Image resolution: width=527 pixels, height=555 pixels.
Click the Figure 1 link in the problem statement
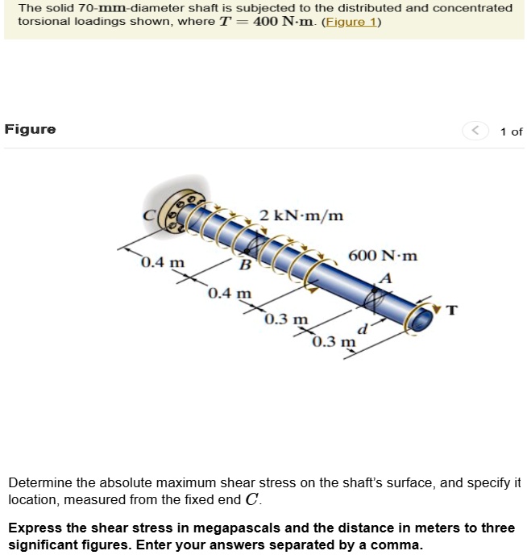click(x=352, y=22)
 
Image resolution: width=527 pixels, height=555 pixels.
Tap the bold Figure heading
click(x=31, y=129)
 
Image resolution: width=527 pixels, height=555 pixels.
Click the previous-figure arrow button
click(x=475, y=131)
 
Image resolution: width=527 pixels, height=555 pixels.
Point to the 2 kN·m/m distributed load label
click(x=301, y=215)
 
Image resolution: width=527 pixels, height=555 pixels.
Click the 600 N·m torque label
click(x=383, y=256)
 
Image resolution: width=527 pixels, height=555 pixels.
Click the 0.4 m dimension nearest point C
click(x=162, y=263)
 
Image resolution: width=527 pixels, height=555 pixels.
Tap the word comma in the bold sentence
click(x=400, y=545)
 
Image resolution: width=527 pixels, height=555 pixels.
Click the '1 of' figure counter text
click(x=511, y=131)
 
